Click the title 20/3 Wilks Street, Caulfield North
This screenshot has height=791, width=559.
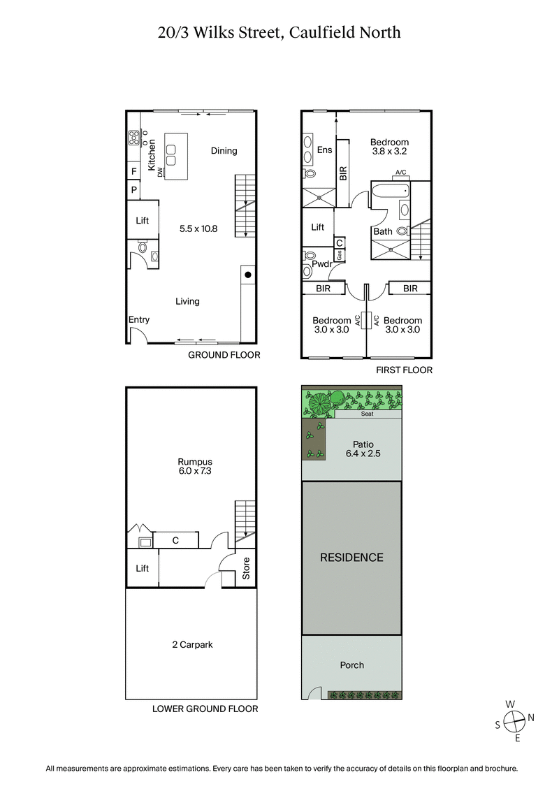point(279,32)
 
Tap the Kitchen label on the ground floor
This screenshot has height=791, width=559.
point(152,155)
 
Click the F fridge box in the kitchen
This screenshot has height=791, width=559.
point(133,171)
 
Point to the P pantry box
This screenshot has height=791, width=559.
point(133,190)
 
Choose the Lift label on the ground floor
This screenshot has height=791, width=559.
point(143,221)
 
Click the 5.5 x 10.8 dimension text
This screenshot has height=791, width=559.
point(199,228)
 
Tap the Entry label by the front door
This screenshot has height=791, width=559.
point(139,320)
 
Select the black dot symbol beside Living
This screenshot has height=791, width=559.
point(247,275)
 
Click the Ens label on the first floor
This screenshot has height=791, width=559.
point(324,150)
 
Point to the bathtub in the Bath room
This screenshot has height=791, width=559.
point(390,191)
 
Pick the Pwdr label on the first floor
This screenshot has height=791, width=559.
point(321,265)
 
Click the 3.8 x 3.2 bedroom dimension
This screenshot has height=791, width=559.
point(389,151)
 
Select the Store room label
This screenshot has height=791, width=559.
point(246,568)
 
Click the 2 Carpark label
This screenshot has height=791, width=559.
point(191,644)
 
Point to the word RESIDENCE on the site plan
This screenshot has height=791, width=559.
point(351,558)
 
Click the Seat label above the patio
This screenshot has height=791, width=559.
point(367,414)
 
